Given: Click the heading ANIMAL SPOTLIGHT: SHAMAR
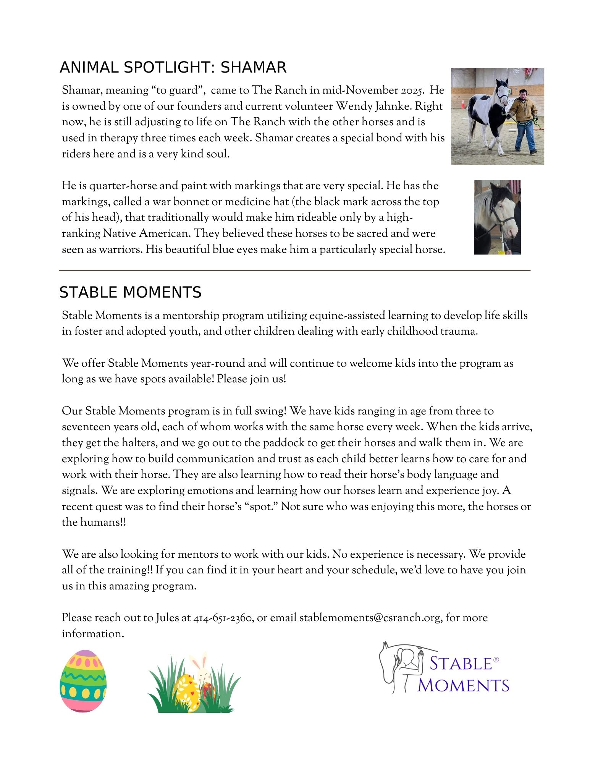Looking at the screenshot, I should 173,68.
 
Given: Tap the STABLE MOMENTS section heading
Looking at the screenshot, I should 130,292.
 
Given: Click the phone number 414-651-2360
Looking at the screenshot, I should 222,618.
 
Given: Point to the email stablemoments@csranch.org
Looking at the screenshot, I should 370,618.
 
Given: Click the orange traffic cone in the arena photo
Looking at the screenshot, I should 463,104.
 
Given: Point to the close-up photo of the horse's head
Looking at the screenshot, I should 497,217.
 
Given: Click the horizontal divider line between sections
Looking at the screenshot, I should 294,270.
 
